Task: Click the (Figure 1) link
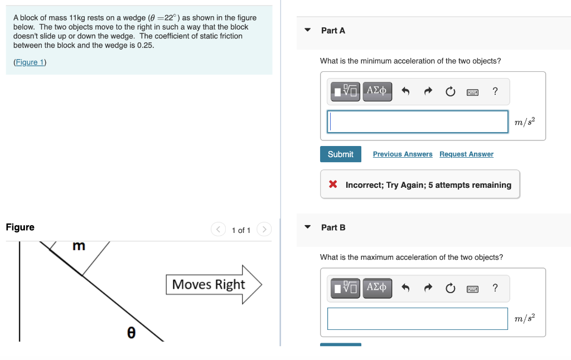(x=30, y=62)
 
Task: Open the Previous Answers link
(x=403, y=154)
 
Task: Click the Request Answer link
(x=466, y=154)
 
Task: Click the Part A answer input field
(x=418, y=121)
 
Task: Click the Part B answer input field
(x=418, y=318)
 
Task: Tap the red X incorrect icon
(x=333, y=184)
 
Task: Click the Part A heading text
(x=333, y=31)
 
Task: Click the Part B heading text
(x=333, y=227)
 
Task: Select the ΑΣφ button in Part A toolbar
(x=378, y=91)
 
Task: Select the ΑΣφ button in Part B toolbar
(x=378, y=288)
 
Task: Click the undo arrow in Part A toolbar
(x=405, y=91)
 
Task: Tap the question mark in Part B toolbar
(x=495, y=288)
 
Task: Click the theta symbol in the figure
(x=130, y=332)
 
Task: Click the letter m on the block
(x=79, y=246)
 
